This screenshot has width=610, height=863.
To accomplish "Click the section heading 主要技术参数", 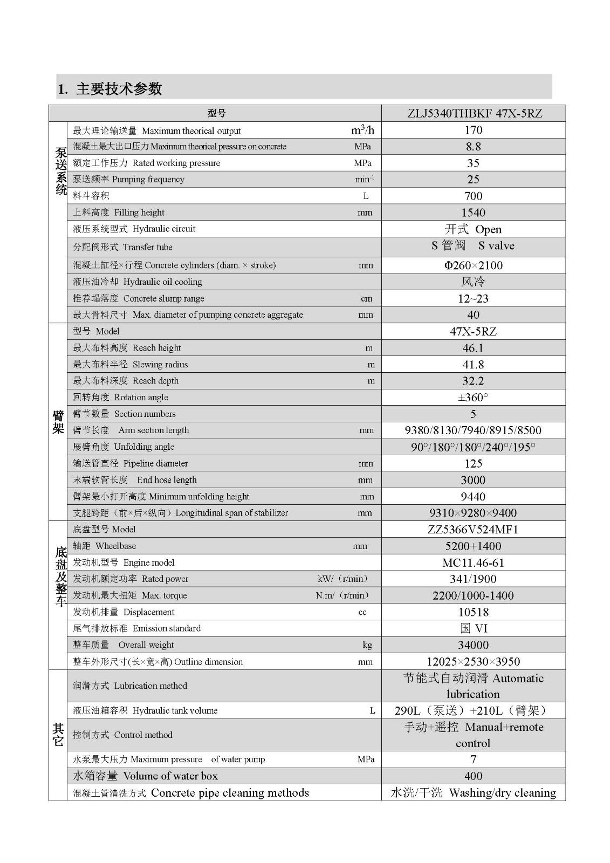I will [x=110, y=88].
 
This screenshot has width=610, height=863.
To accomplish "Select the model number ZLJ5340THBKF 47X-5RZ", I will [x=473, y=113].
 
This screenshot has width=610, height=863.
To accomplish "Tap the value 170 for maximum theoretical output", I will [x=473, y=130].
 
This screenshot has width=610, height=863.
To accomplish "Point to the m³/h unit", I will [x=362, y=130].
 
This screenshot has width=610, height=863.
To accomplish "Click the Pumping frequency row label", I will [x=128, y=179].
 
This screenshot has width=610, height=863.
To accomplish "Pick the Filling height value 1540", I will [x=473, y=213].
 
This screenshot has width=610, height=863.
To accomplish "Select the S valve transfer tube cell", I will [x=473, y=246].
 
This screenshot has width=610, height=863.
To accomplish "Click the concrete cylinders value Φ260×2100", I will [x=473, y=265].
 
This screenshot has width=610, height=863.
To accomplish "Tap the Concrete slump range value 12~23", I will [x=473, y=298].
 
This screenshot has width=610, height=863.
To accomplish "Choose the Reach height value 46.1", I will [x=473, y=348].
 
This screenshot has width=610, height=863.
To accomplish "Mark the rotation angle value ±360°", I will [x=473, y=398].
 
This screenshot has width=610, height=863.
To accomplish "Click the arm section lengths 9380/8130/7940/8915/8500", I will [x=473, y=430].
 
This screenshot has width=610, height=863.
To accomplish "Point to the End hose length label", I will [x=135, y=480].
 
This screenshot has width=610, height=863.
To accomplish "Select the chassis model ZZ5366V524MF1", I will [x=473, y=530].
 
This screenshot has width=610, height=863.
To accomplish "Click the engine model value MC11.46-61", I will [x=473, y=563].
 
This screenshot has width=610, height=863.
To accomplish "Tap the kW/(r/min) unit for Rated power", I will [x=344, y=579].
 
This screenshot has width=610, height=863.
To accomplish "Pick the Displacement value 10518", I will [x=473, y=612].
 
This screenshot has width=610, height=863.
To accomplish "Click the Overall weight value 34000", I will [x=473, y=645].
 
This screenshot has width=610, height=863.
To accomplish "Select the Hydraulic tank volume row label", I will [x=145, y=710].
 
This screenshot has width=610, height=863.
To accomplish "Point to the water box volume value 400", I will [x=473, y=776].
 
